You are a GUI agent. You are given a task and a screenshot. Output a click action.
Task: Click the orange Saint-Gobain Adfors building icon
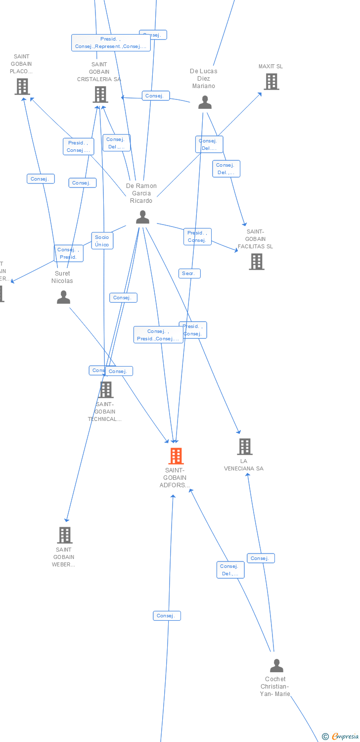(x=176, y=456)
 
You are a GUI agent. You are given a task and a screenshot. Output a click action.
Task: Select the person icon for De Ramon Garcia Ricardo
(x=142, y=217)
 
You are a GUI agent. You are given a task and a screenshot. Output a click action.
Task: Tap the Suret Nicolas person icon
(x=63, y=297)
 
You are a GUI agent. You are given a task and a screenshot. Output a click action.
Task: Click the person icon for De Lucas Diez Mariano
(x=205, y=102)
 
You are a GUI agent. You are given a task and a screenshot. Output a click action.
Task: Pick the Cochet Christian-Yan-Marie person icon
(x=276, y=665)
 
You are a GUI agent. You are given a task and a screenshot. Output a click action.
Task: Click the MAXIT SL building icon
(x=271, y=82)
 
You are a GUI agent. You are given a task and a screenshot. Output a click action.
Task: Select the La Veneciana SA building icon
(x=245, y=447)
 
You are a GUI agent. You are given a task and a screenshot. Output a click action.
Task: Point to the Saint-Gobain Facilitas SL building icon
(x=257, y=262)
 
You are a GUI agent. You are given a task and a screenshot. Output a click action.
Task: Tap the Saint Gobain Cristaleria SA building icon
(x=100, y=94)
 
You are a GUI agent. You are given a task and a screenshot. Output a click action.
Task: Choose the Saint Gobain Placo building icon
(x=22, y=87)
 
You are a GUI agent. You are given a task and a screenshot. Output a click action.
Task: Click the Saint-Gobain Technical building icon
(x=105, y=390)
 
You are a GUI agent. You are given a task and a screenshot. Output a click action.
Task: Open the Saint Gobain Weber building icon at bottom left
(x=65, y=535)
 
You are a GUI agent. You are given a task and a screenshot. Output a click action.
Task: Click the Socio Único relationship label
(x=102, y=241)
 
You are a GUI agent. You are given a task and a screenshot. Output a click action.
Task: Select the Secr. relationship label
(x=189, y=274)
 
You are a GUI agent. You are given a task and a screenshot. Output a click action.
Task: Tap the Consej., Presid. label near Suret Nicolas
(x=69, y=253)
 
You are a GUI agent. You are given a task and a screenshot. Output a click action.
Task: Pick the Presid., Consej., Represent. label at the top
(x=111, y=43)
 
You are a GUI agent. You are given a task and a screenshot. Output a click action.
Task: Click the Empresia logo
(x=341, y=737)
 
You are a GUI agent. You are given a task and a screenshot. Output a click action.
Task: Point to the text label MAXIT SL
(x=271, y=67)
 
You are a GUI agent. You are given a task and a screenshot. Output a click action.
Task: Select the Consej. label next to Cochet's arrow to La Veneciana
(x=261, y=558)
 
